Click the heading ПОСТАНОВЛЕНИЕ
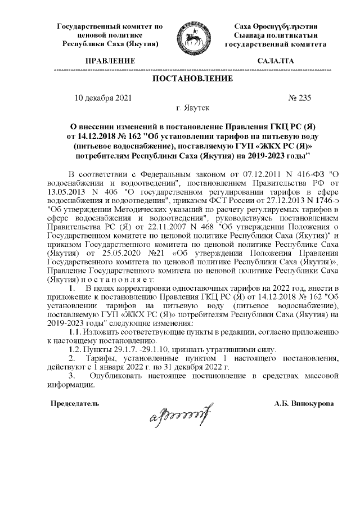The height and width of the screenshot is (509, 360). (193, 78)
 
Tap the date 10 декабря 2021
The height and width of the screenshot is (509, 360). (103, 97)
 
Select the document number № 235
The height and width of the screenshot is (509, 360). (299, 97)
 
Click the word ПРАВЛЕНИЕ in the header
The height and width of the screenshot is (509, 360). (110, 60)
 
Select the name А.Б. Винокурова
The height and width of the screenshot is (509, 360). (304, 403)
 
